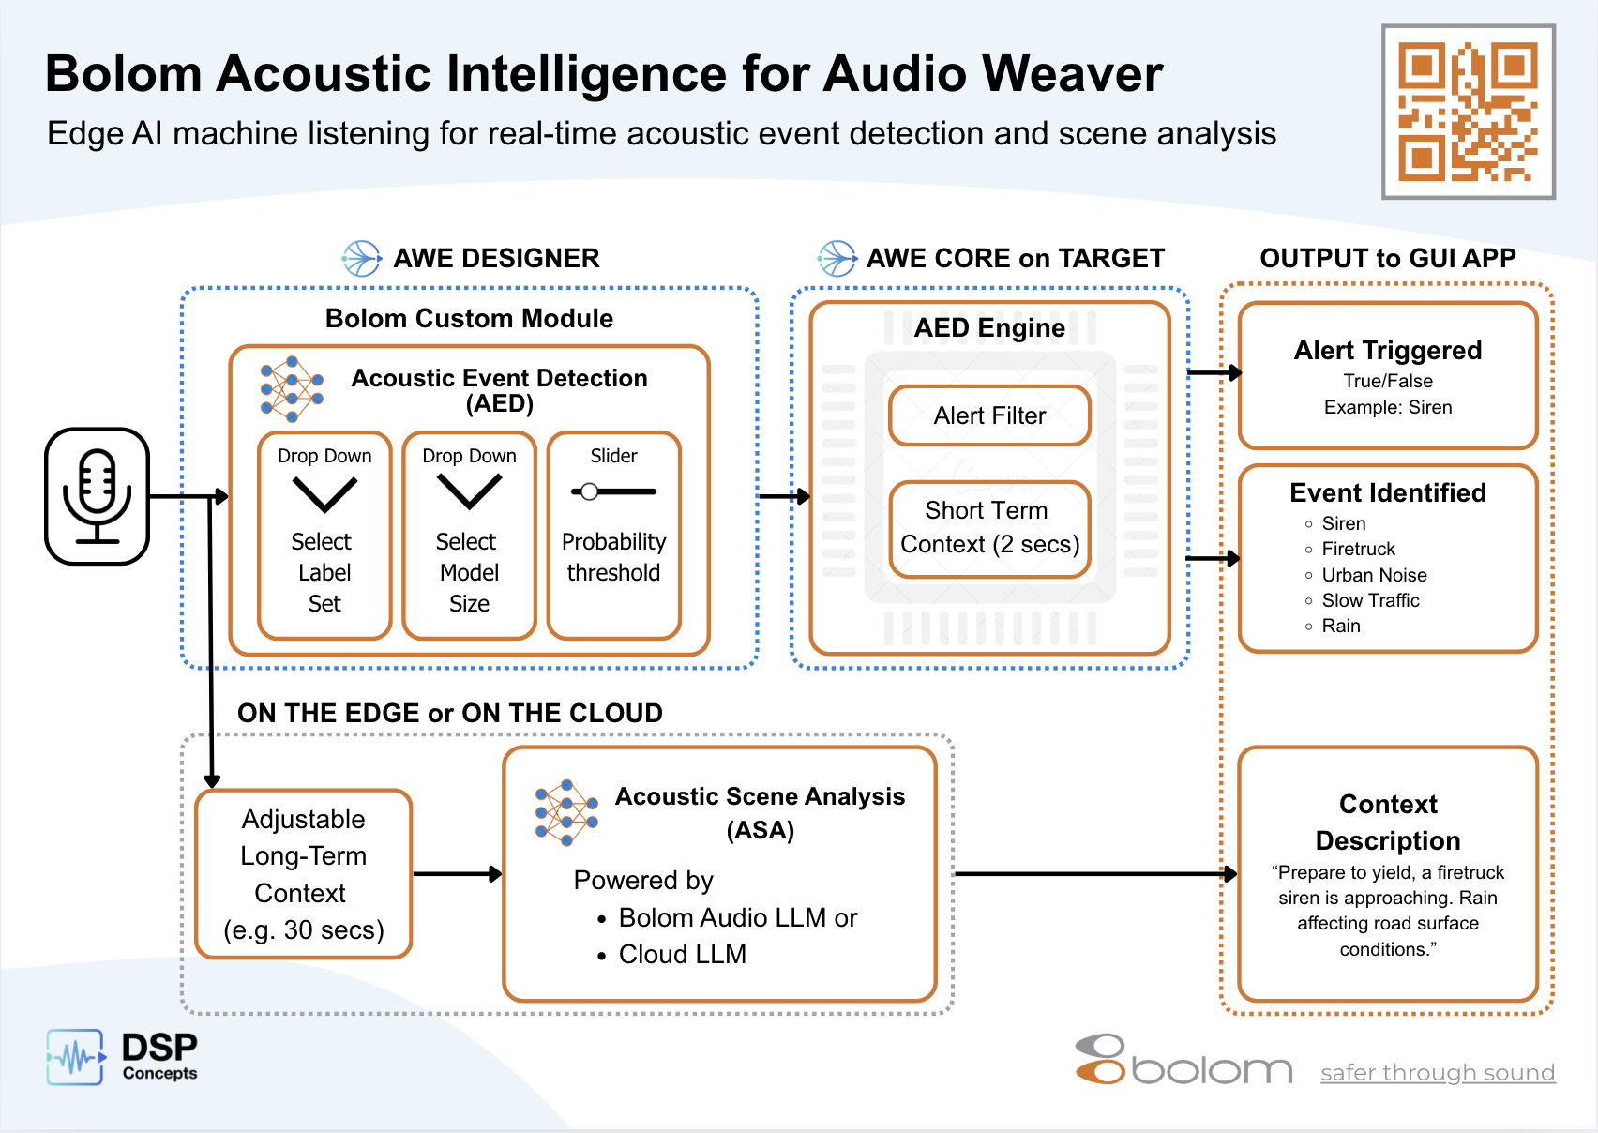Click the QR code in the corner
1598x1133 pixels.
coord(1468,112)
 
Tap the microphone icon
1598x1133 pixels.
coord(98,496)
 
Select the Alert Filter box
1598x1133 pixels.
coord(989,415)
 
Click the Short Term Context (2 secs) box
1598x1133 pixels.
coord(989,528)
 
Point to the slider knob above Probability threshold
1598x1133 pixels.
coord(589,491)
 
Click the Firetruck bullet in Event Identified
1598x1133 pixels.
coord(1358,549)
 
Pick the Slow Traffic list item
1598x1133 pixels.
coord(1369,600)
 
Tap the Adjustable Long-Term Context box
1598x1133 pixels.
coord(303,874)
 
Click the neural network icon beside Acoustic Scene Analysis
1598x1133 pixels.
coord(565,812)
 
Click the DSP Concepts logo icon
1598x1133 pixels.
coord(75,1057)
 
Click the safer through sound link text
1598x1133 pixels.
coord(1437,1072)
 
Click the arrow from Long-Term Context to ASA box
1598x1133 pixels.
coord(457,874)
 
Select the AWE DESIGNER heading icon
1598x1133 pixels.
coord(361,258)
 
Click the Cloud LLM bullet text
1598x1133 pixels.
coord(682,954)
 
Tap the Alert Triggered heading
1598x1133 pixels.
coord(1387,350)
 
